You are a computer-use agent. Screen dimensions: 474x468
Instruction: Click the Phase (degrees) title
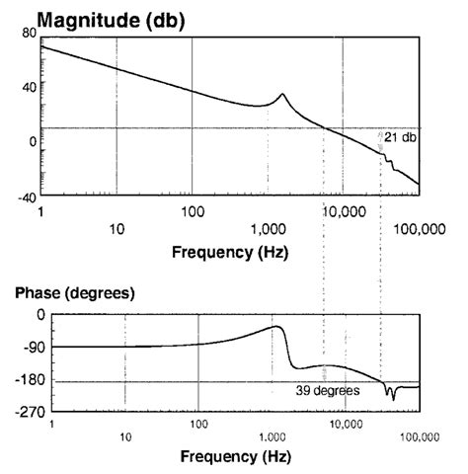point(74,293)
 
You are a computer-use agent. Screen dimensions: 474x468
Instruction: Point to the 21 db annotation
point(400,137)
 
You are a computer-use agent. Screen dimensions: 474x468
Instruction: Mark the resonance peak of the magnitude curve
point(282,95)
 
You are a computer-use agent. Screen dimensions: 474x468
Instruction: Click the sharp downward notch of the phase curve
point(393,398)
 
